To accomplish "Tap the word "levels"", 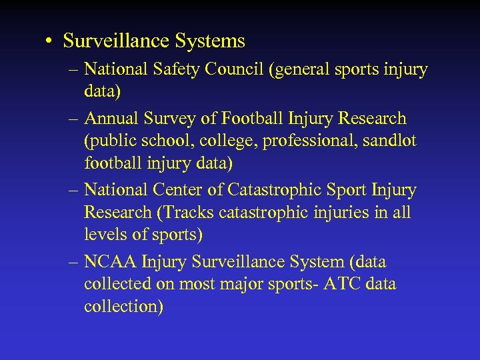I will pyautogui.click(x=105, y=235).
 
